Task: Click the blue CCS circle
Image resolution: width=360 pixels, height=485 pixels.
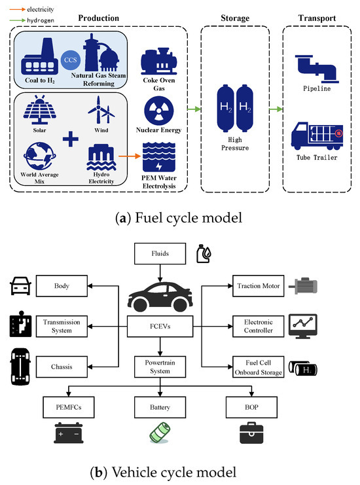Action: pos(71,60)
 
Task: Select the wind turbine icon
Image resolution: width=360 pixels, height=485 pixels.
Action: pos(101,110)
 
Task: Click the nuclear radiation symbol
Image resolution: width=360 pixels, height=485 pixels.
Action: pos(159,111)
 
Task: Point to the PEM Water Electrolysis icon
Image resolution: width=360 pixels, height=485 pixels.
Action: pos(159,157)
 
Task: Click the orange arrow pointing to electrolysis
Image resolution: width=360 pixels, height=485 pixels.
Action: pos(130,156)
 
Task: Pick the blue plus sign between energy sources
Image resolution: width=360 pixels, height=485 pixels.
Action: pos(71,139)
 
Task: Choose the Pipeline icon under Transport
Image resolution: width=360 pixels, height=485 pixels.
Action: pos(317,69)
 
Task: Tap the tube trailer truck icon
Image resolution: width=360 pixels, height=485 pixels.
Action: pos(317,135)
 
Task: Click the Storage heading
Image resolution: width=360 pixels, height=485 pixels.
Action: pos(235,18)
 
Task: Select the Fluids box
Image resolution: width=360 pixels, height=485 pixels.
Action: pos(160,254)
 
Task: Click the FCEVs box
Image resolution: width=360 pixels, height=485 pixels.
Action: pos(160,327)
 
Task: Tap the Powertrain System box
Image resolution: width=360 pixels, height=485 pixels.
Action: pos(160,367)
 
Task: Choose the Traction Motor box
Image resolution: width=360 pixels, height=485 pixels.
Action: pos(259,286)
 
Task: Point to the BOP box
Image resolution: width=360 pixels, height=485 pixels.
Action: pos(251,407)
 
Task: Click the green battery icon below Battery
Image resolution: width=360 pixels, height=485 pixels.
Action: pos(160,433)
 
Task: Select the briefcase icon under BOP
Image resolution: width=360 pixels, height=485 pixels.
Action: pos(251,433)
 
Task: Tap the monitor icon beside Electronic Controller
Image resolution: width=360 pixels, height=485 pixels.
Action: pos(303,326)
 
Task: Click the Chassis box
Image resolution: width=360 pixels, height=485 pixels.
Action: pos(62,367)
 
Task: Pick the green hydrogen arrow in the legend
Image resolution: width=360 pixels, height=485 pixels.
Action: pos(17,20)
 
